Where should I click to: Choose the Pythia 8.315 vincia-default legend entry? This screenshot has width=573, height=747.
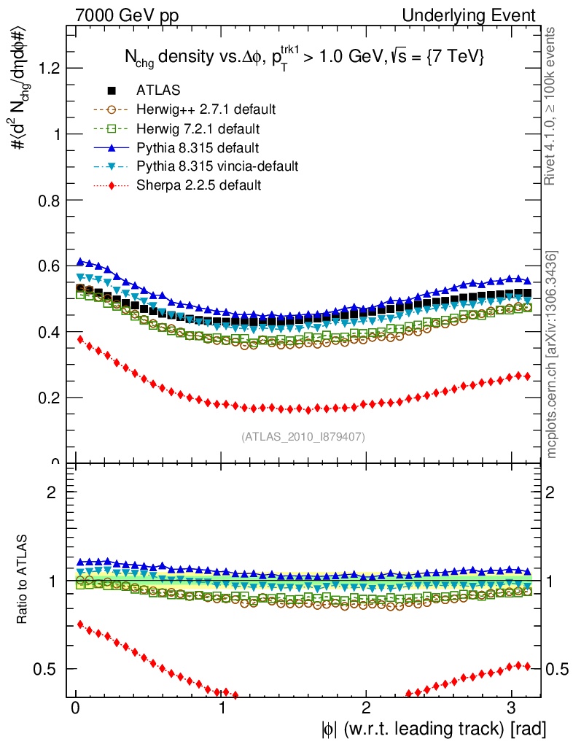click(217, 166)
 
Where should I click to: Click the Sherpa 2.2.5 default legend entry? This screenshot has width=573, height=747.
click(198, 185)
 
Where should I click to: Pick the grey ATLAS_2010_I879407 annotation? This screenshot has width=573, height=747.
click(303, 437)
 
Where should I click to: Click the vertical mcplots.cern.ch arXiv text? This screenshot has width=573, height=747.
click(553, 355)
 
